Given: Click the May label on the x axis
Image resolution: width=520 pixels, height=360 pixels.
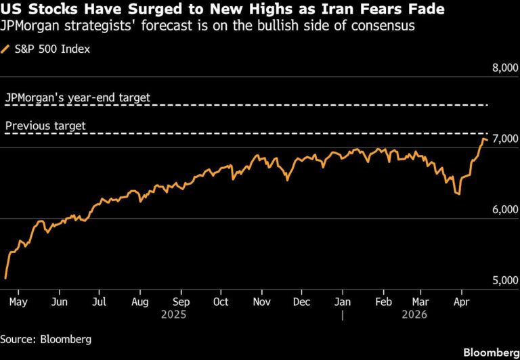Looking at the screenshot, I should point(18,302).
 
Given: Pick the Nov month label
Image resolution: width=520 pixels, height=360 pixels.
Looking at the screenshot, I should point(261,302).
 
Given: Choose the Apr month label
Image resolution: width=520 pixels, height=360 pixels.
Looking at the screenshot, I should point(462,302).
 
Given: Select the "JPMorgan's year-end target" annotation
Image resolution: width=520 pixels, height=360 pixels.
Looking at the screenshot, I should point(77,98).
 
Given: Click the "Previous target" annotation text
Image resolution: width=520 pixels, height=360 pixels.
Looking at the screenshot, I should point(45,126).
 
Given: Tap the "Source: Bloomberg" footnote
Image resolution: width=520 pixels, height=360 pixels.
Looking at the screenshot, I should point(45,338).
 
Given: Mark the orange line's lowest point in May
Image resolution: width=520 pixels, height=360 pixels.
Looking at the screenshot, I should point(5,277).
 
